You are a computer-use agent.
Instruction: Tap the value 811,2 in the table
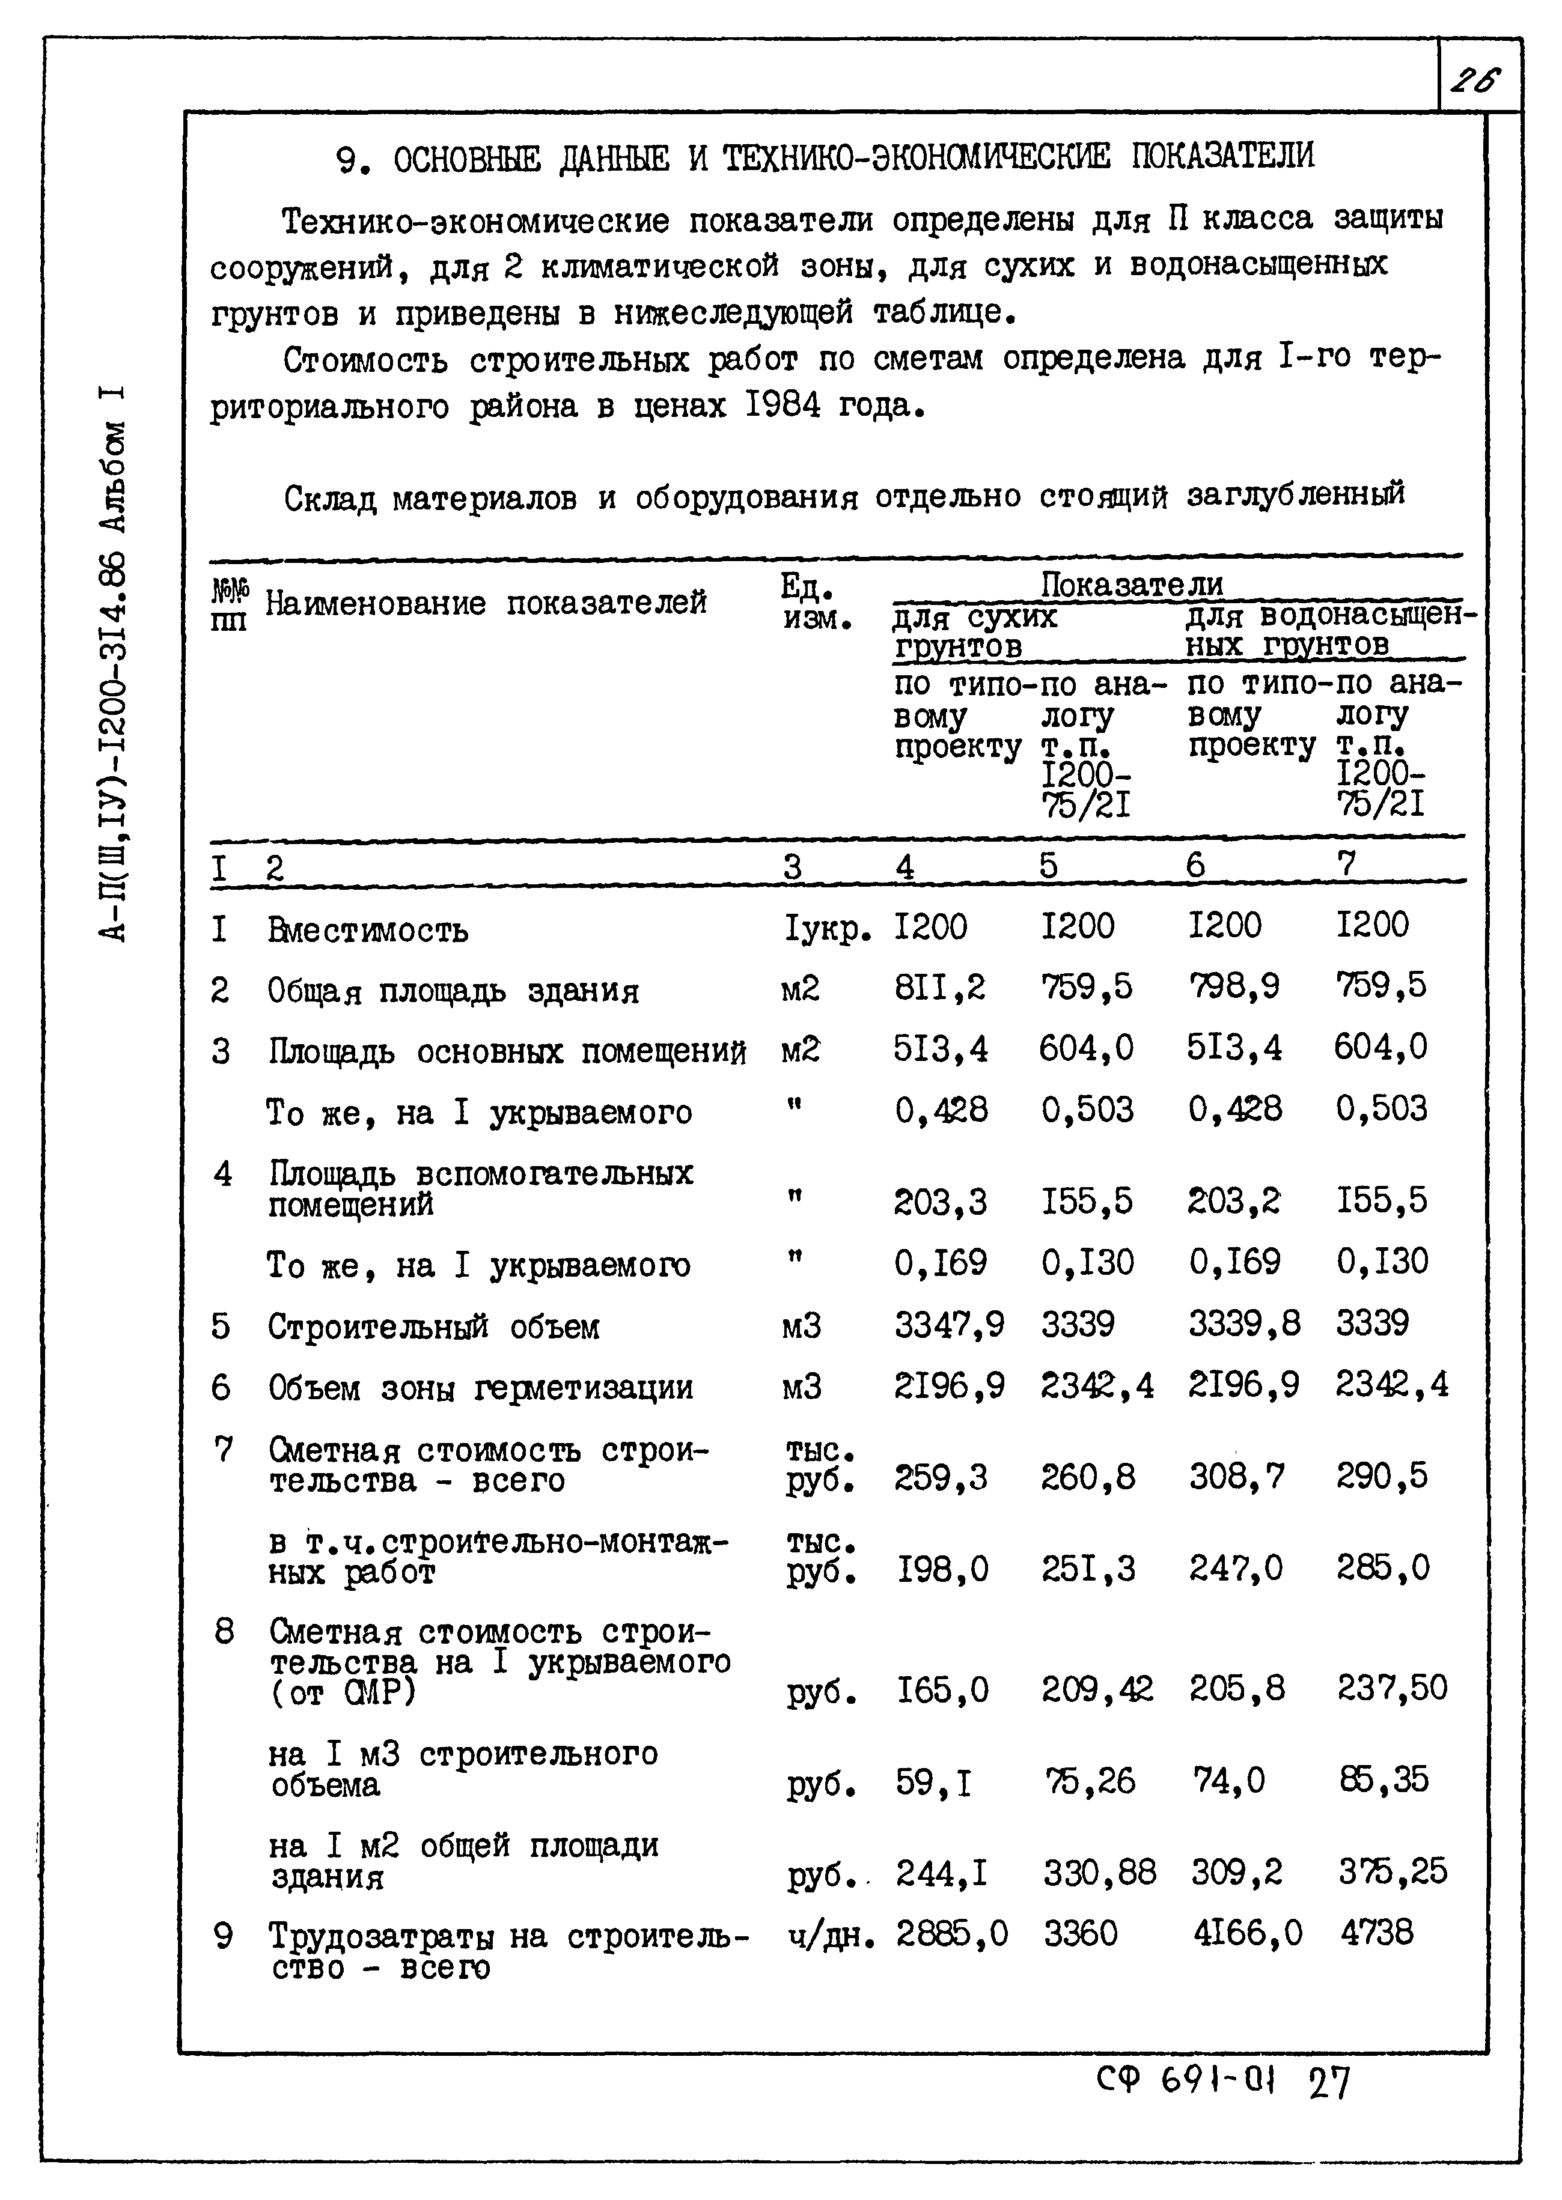pyautogui.click(x=940, y=986)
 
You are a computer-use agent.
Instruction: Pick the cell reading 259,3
pyautogui.click(x=940, y=1477)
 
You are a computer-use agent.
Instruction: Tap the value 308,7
pyautogui.click(x=1236, y=1477)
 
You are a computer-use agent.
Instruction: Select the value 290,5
pyautogui.click(x=1381, y=1476)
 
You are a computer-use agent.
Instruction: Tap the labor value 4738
pyautogui.click(x=1376, y=1931)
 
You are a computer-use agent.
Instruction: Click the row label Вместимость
pyautogui.click(x=367, y=931)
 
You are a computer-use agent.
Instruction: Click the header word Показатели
pyautogui.click(x=1132, y=583)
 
